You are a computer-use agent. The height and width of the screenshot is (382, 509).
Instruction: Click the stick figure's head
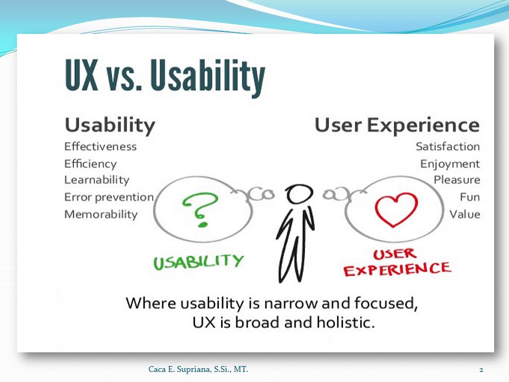click(299, 194)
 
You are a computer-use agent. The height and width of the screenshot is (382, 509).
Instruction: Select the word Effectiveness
click(100, 146)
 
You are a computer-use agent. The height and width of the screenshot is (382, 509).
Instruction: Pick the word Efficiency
click(90, 164)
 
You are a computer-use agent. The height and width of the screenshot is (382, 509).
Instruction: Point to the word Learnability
click(96, 180)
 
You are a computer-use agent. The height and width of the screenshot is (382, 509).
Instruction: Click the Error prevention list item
click(109, 197)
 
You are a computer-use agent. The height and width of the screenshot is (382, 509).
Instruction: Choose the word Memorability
click(101, 214)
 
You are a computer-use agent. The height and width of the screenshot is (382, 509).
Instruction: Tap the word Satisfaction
click(447, 146)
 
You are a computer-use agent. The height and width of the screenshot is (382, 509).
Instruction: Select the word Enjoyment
click(450, 164)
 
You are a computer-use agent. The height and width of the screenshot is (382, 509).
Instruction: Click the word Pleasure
click(457, 180)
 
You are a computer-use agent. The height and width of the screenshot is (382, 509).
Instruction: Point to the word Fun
click(470, 197)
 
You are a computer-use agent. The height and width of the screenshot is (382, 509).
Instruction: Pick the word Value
click(464, 214)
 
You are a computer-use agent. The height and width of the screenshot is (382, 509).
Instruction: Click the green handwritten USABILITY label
click(198, 262)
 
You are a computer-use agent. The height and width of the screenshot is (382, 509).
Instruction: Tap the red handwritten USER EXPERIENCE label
click(397, 263)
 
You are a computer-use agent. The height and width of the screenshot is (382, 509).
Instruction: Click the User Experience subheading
click(397, 125)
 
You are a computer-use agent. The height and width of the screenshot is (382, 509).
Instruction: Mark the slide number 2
click(481, 370)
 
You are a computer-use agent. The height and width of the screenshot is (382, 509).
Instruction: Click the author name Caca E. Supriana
click(180, 369)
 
